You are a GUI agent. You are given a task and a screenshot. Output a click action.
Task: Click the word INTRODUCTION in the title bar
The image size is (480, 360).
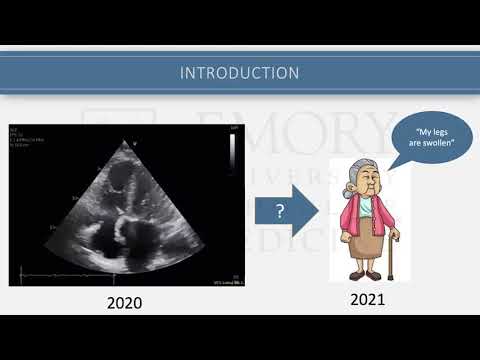(x=239, y=73)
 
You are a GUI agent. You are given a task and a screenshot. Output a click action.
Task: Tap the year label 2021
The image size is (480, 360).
(x=369, y=299)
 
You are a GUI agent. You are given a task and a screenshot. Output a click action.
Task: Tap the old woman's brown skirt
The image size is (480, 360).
(x=363, y=244)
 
